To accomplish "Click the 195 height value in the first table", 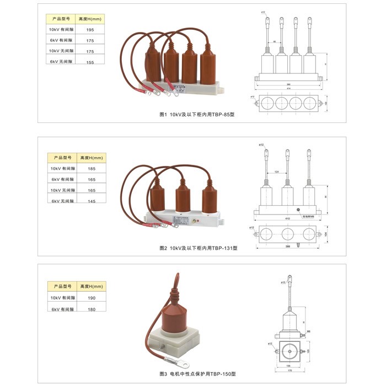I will point(90,29).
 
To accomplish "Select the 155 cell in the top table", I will point(90,62).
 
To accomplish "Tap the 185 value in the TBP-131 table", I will point(92,168).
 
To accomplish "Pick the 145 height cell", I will point(92,201).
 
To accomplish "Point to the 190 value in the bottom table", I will point(92,298).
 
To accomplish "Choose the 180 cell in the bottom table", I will point(92,309).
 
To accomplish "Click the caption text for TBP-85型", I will point(196,115).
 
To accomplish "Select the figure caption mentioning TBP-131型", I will point(197,249).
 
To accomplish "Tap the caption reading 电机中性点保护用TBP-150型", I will point(197,373).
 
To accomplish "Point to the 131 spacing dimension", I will point(277,172).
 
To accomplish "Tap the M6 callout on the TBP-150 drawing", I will point(309,331).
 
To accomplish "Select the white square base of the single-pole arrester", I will point(174,341).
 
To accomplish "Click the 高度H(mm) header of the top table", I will point(90,19).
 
